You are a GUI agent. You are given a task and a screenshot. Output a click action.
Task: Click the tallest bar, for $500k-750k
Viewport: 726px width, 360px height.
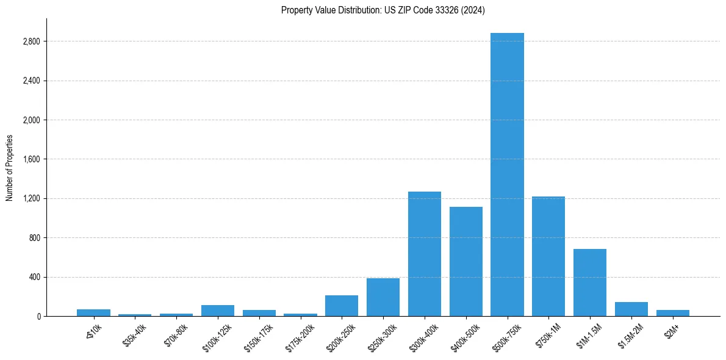tap(507, 175)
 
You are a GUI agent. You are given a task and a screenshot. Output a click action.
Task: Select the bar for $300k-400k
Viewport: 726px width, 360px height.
tap(425, 254)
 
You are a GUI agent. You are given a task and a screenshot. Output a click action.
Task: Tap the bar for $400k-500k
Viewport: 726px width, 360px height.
tap(466, 261)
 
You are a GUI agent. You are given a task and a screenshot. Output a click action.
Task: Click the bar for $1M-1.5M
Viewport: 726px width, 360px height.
tap(590, 283)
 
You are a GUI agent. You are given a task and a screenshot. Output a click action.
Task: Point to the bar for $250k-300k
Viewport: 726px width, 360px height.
tap(383, 297)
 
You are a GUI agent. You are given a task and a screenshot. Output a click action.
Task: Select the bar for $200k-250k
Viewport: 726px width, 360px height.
tap(342, 306)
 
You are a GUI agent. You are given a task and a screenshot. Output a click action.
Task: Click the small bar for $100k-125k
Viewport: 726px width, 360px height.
tap(218, 311)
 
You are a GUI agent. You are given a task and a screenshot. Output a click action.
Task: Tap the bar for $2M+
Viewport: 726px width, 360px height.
tap(673, 313)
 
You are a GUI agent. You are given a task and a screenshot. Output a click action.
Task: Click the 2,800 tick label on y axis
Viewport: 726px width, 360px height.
tap(31, 41)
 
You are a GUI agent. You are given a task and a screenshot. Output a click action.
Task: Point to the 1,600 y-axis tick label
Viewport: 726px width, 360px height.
tap(31, 159)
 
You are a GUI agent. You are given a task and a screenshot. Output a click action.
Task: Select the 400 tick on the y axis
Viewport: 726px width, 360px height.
tap(34, 277)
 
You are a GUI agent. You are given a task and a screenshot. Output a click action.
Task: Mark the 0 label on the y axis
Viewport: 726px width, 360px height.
tap(38, 316)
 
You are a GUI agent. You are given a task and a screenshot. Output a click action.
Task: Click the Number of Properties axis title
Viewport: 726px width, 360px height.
tap(9, 168)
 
